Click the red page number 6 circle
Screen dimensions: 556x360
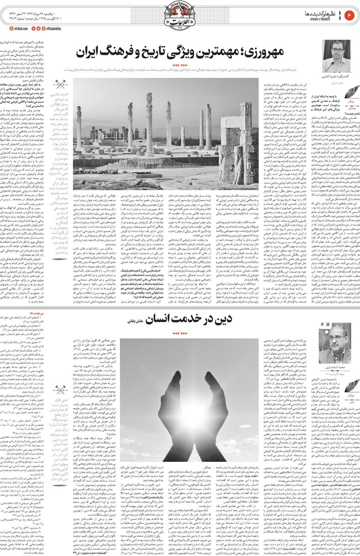click(x=350, y=15)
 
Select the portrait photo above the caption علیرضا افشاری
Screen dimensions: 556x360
click(x=336, y=56)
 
